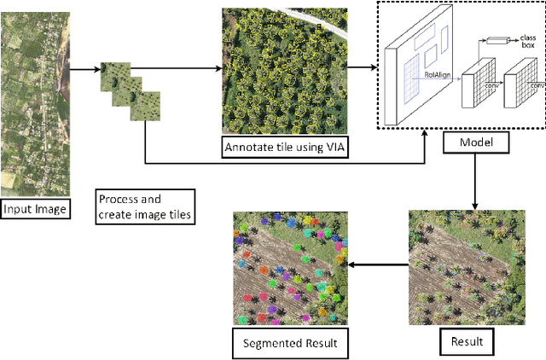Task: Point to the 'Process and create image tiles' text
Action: click(144, 206)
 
